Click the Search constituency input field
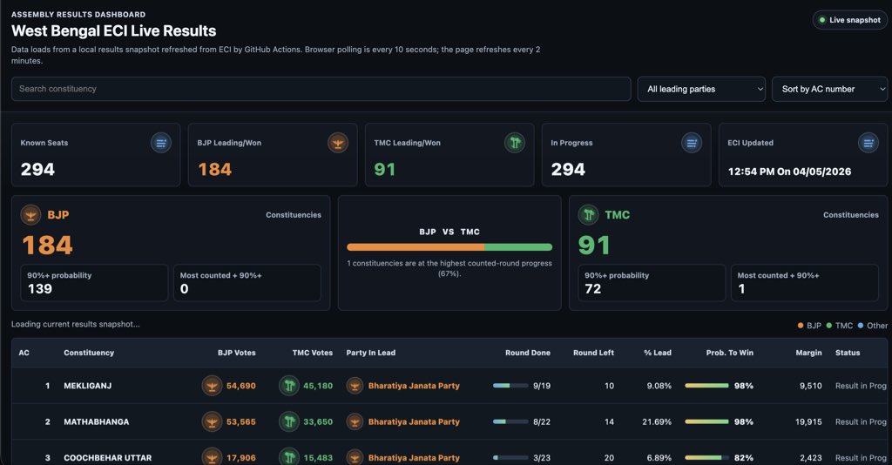click(x=321, y=89)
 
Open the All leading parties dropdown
click(x=701, y=89)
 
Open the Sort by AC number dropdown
click(x=829, y=89)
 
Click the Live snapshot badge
click(x=849, y=20)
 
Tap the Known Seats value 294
click(x=37, y=170)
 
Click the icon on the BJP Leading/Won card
click(x=338, y=143)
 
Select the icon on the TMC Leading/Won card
click(x=515, y=143)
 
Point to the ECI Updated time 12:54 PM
click(x=753, y=172)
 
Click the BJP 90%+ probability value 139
click(x=40, y=289)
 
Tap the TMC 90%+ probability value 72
click(x=592, y=289)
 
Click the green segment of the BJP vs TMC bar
click(x=518, y=247)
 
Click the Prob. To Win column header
click(x=729, y=353)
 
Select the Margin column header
click(x=808, y=353)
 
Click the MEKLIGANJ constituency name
click(x=88, y=386)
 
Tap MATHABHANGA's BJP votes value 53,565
click(x=241, y=421)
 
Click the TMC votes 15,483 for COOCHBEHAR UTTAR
click(x=318, y=458)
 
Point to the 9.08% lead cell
click(x=659, y=386)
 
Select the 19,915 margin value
click(x=808, y=421)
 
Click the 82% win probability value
click(x=744, y=458)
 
